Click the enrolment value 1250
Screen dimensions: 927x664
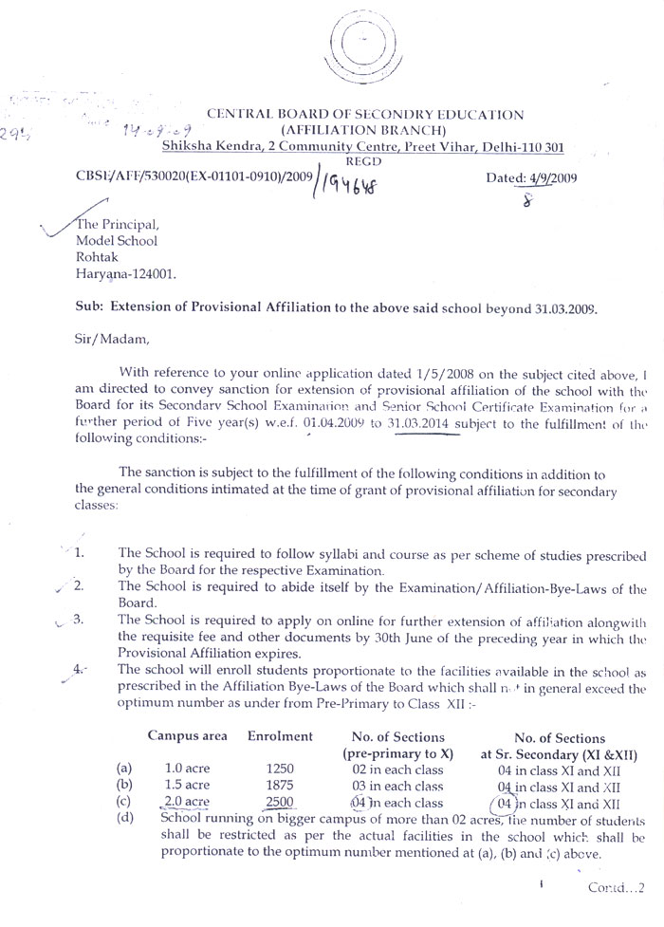(x=282, y=768)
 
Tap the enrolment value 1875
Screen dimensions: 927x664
(x=282, y=785)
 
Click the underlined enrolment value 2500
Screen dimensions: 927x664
(x=282, y=802)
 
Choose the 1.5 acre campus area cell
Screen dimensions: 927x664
(x=187, y=785)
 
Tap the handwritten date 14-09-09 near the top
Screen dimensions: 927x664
(x=142, y=125)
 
